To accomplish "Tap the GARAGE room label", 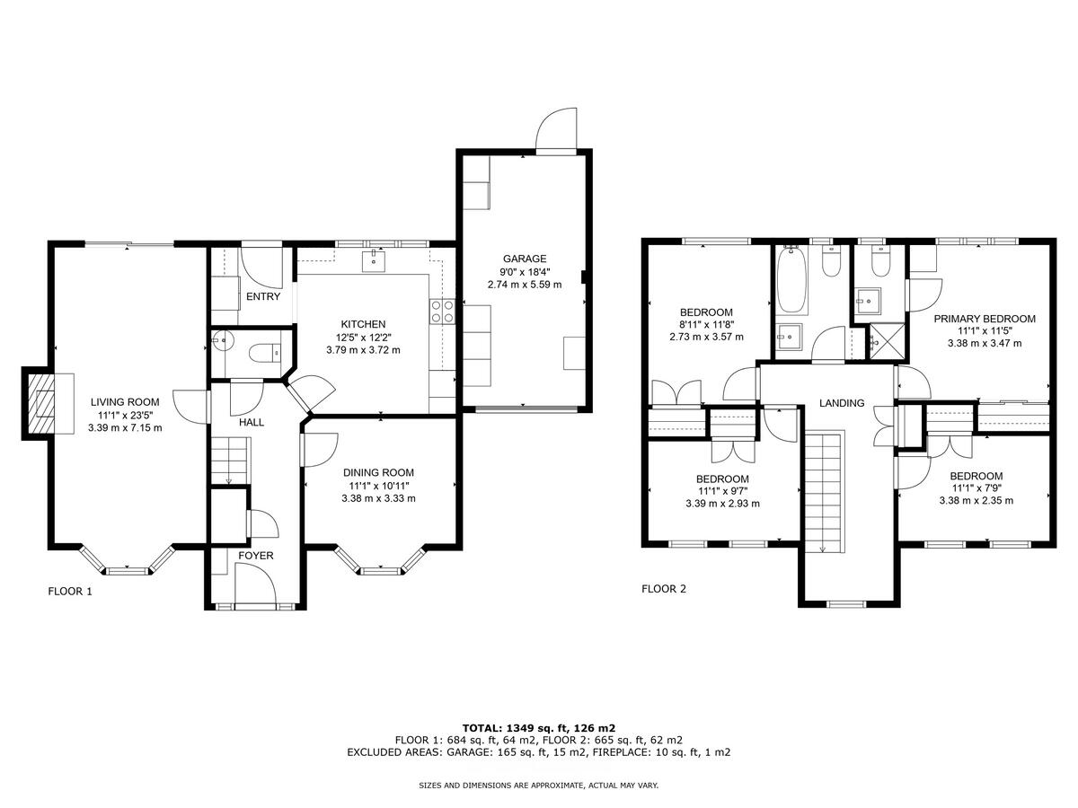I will click(525, 259).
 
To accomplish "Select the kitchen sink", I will click(371, 261).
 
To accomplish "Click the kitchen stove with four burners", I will click(442, 311).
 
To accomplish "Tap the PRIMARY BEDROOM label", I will click(984, 319).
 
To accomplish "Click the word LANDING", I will click(842, 403).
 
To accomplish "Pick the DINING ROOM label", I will click(378, 473).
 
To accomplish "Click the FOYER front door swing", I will click(254, 591).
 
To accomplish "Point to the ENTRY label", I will click(262, 297).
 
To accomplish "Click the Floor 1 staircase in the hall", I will click(229, 459).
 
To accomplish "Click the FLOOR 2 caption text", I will click(663, 590).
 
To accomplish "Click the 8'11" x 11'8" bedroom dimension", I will click(706, 325).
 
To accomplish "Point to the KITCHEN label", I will click(363, 324).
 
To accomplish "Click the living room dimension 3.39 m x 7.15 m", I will click(125, 428).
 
